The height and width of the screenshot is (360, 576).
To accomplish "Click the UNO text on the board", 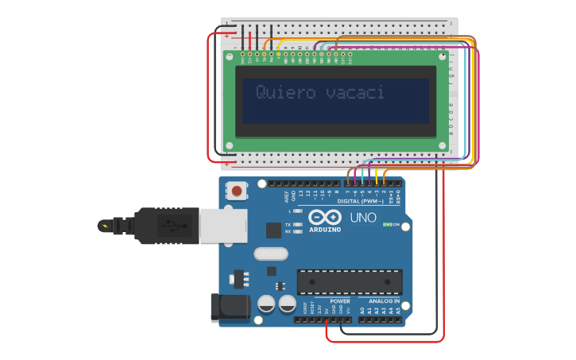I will (363, 217).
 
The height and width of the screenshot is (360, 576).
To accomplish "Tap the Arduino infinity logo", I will (323, 217).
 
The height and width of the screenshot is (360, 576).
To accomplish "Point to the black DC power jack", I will (230, 308).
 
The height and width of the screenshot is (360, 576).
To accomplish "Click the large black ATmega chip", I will (350, 281).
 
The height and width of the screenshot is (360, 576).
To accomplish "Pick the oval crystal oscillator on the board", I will (271, 254).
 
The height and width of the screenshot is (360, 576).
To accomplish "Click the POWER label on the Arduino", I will (340, 301).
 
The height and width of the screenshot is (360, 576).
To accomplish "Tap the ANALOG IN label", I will (385, 301).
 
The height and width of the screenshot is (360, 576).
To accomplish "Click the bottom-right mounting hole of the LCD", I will (443, 145).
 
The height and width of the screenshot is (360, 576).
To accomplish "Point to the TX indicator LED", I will (297, 225).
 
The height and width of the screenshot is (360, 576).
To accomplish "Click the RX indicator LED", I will (297, 232).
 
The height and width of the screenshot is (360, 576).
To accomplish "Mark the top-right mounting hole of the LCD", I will (443, 57).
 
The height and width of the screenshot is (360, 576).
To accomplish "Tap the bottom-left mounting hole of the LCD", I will (230, 145).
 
